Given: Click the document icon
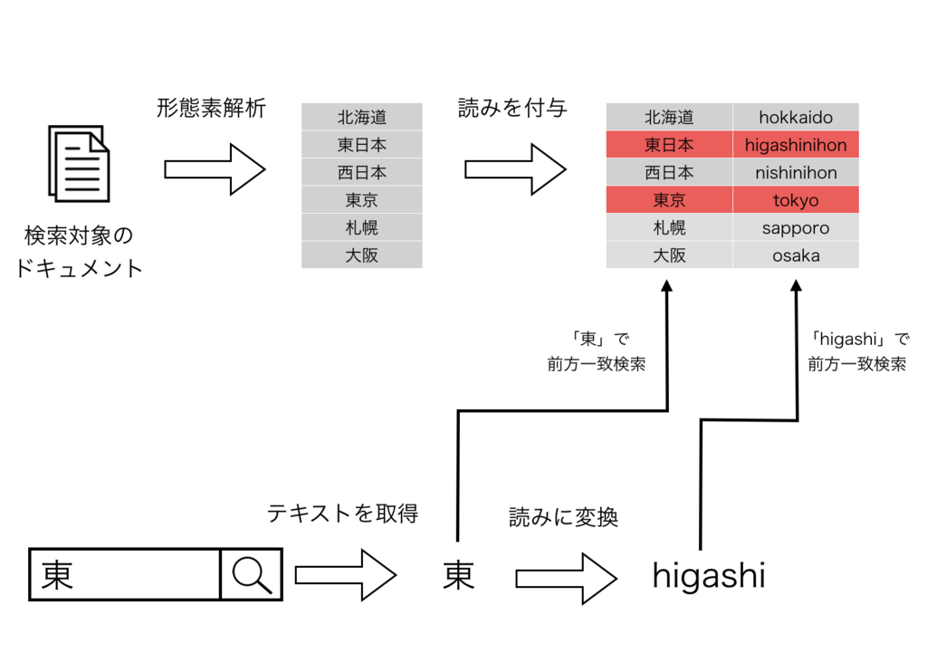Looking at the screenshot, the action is (x=80, y=164).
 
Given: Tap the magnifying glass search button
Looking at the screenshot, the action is (x=252, y=574).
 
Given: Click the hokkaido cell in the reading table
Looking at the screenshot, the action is (x=796, y=117).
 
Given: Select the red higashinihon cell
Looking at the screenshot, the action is (x=796, y=145).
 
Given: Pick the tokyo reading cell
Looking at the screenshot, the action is (x=796, y=200).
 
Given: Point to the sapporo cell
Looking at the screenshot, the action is (x=796, y=227).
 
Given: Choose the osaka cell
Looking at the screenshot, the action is (x=796, y=255).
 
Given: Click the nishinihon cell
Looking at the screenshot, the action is (x=796, y=173).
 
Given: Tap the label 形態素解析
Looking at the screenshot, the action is (x=211, y=109).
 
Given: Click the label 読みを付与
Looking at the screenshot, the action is (x=512, y=108).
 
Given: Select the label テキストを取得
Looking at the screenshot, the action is (x=342, y=513).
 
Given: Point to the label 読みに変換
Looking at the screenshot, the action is (x=563, y=517).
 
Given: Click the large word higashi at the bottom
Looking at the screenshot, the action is (x=709, y=575).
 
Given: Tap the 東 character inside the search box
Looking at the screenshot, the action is (x=57, y=575).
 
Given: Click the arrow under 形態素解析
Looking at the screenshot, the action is (x=215, y=169).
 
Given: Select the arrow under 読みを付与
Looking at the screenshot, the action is (x=515, y=169).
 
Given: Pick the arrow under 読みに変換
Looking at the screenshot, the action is (x=567, y=579).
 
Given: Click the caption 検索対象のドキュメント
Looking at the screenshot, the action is (x=79, y=252).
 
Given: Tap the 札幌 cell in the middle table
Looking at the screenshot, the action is (x=362, y=227).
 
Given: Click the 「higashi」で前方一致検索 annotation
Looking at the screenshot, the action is (x=858, y=351).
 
